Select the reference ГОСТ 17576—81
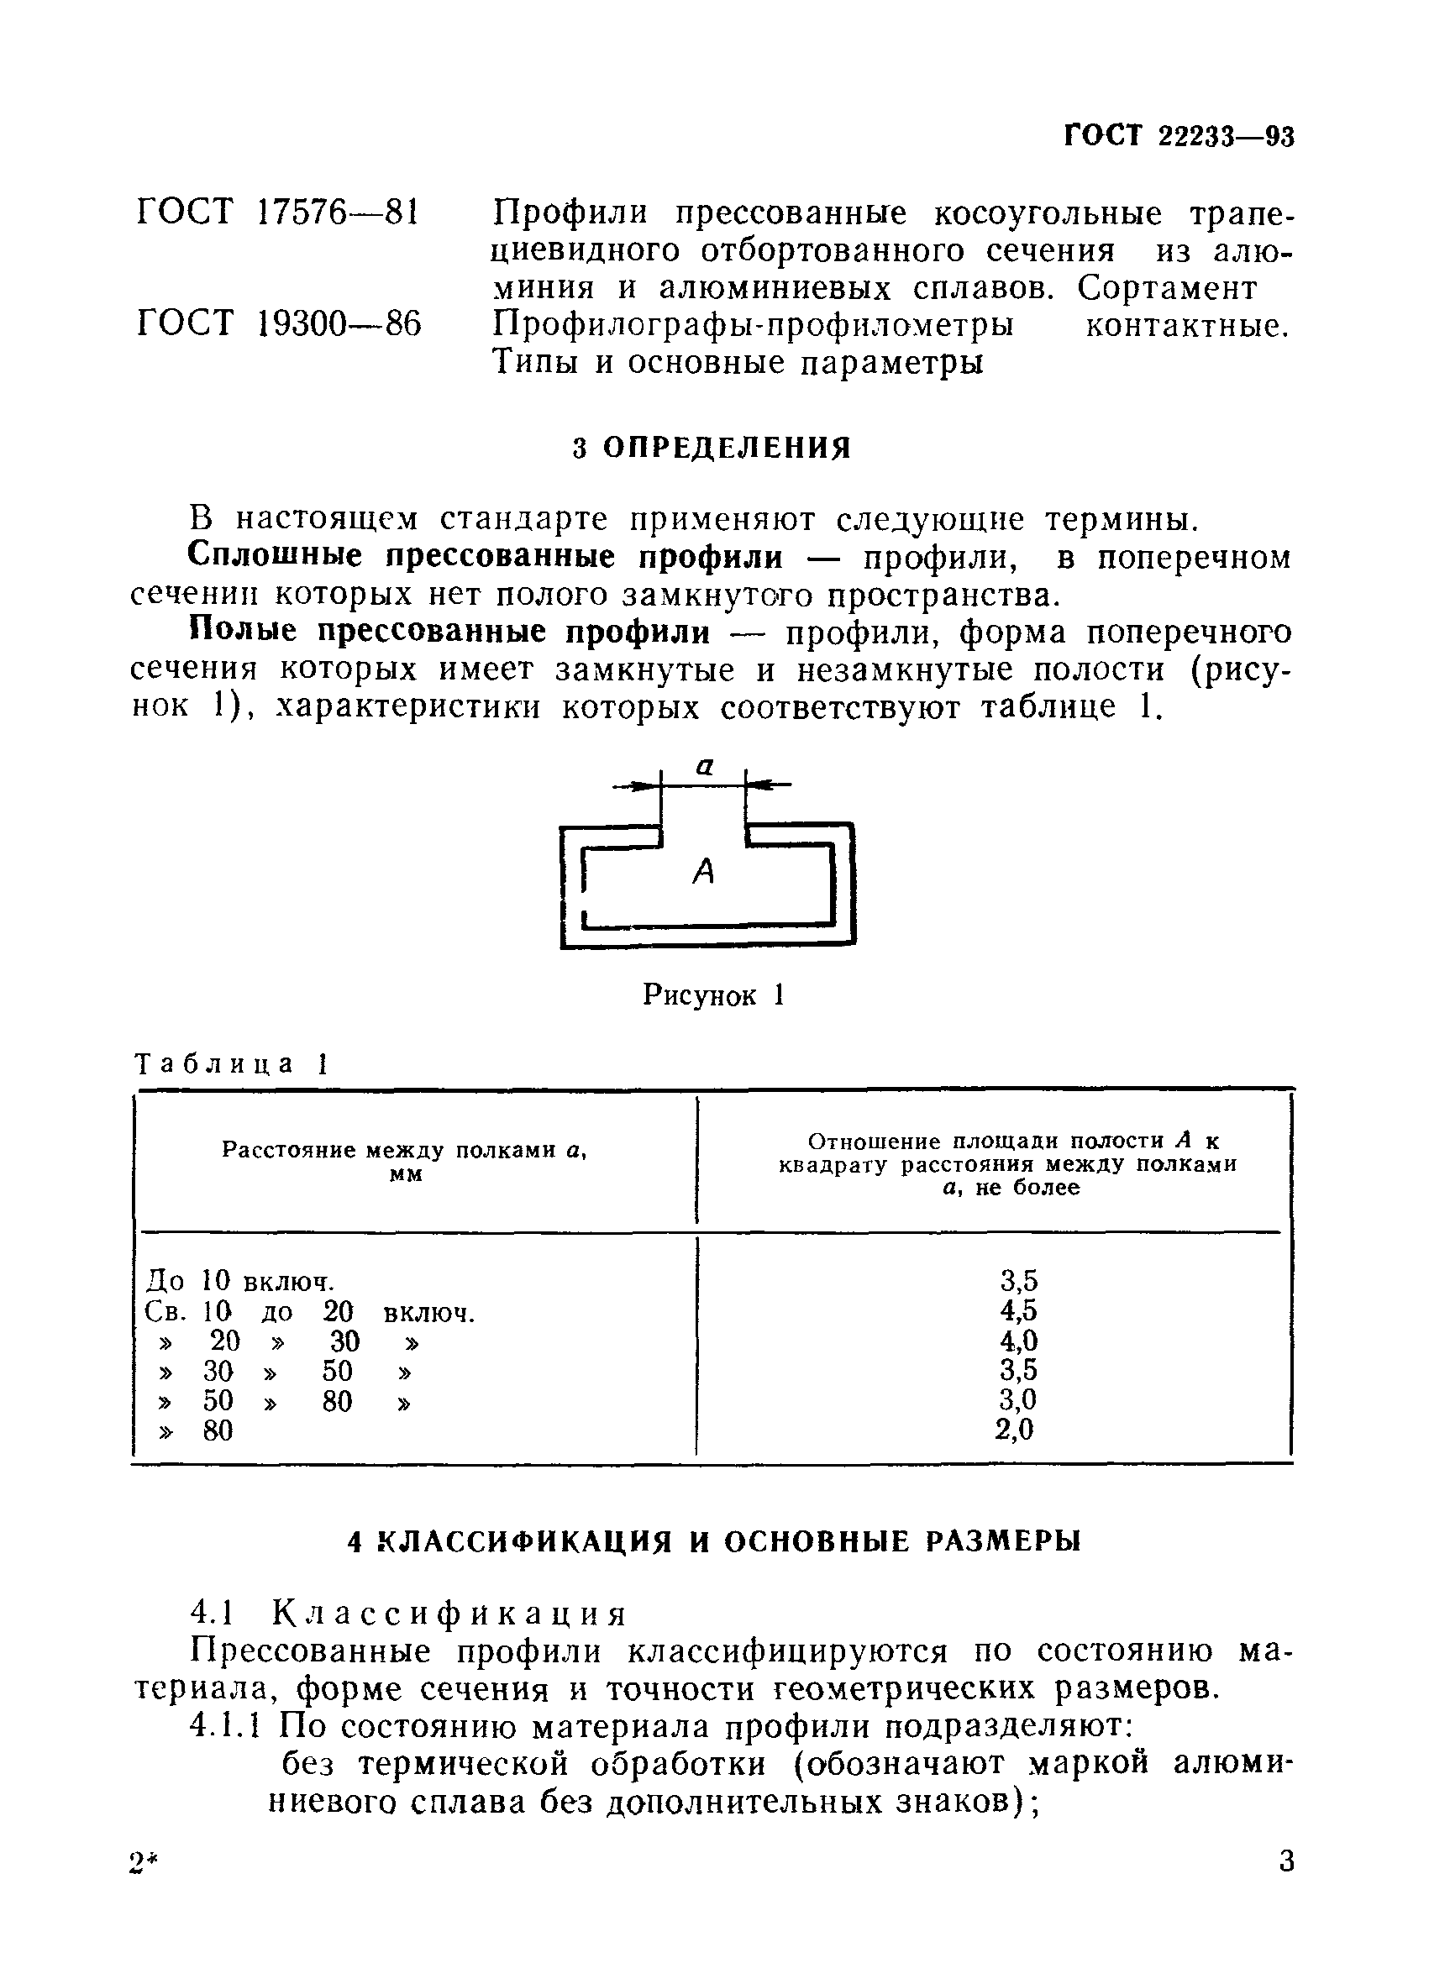click(278, 213)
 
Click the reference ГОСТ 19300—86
click(278, 323)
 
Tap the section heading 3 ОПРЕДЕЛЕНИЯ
click(712, 448)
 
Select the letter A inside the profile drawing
click(703, 871)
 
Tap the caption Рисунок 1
click(713, 995)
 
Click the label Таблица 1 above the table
click(231, 1063)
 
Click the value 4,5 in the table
click(1018, 1310)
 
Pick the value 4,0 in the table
click(1018, 1340)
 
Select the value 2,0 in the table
click(1015, 1430)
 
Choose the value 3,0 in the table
click(1017, 1399)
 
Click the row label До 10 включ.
click(239, 1282)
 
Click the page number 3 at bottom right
click(1285, 1885)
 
